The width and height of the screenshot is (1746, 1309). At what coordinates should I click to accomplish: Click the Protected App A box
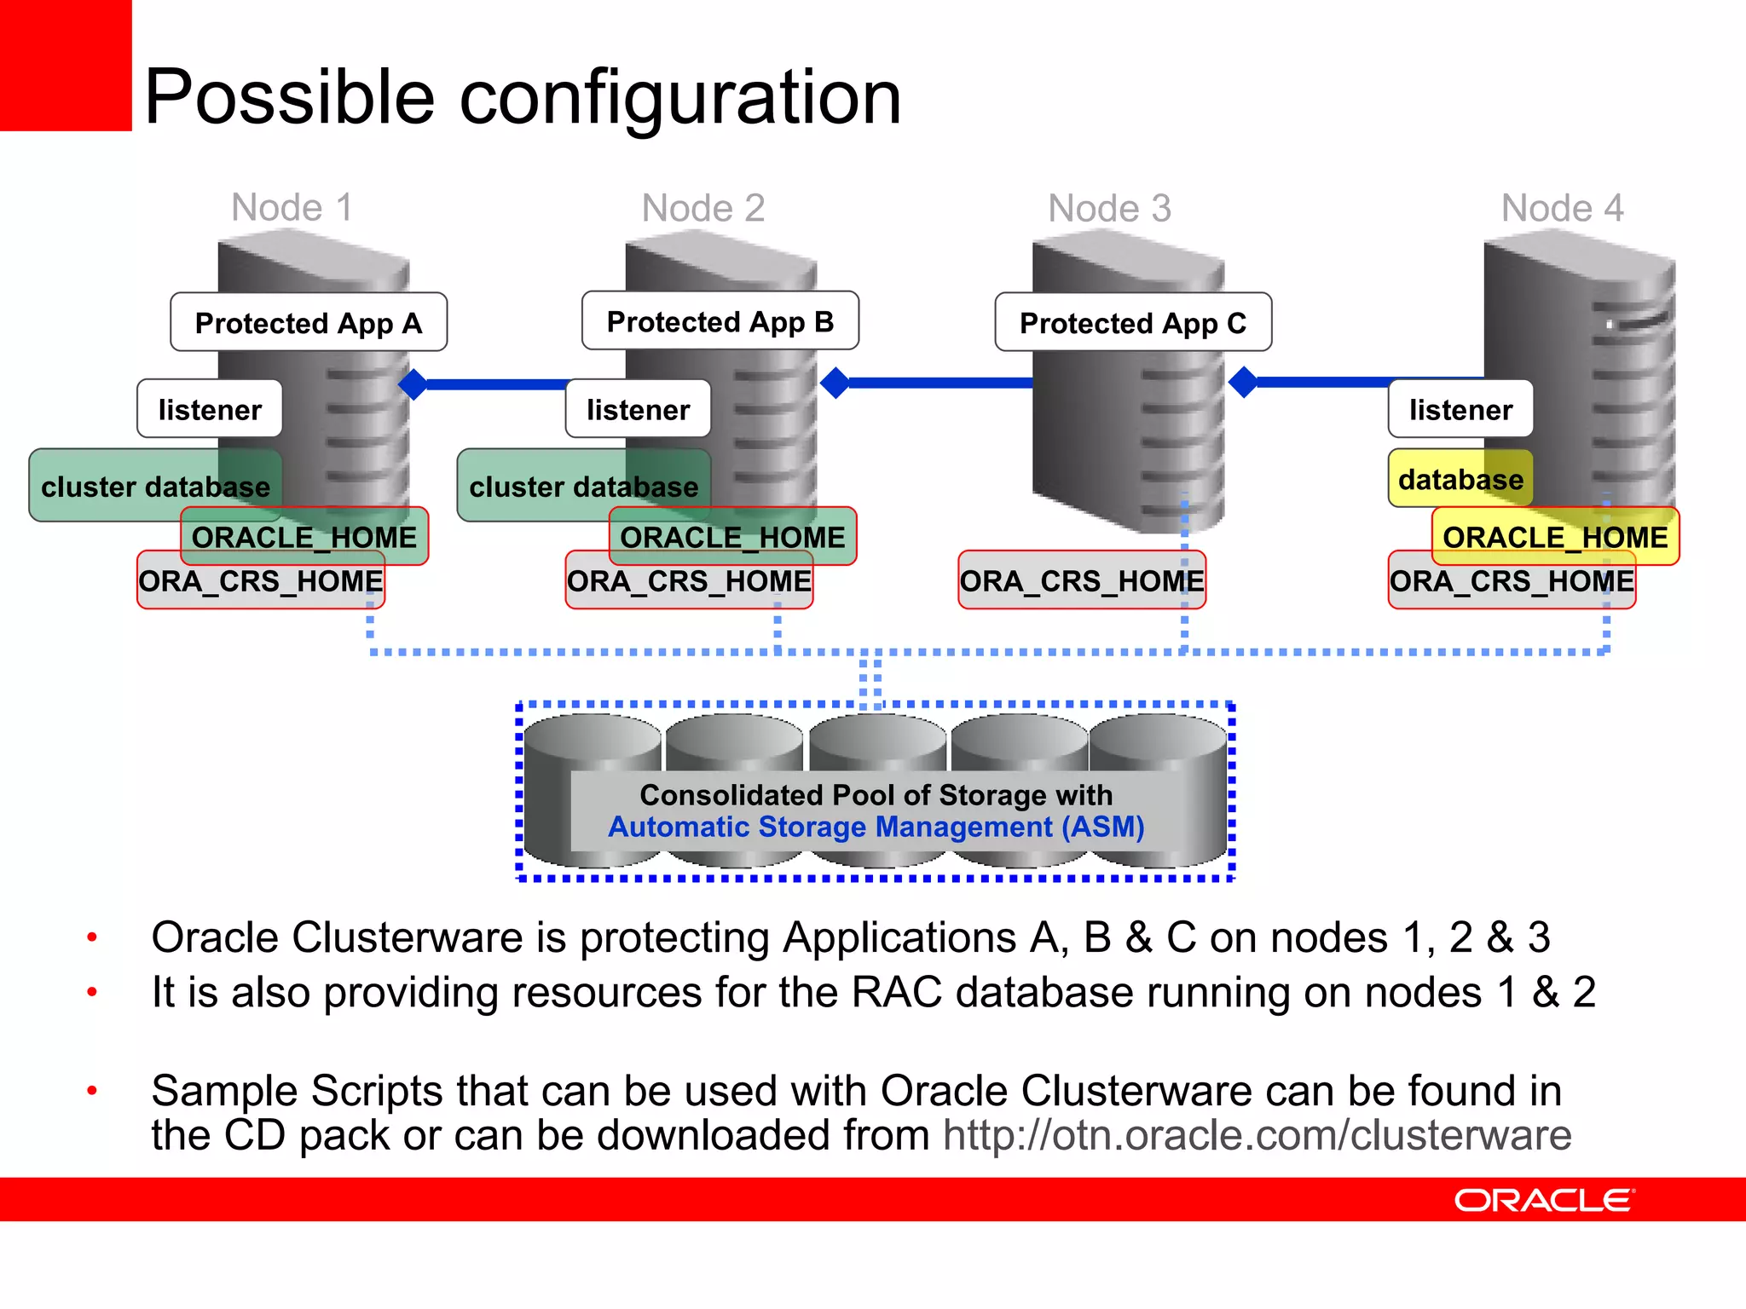pyautogui.click(x=308, y=322)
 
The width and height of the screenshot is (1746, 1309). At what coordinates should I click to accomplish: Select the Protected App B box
pyautogui.click(x=720, y=321)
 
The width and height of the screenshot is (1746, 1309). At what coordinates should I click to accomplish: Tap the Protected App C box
pyautogui.click(x=1132, y=322)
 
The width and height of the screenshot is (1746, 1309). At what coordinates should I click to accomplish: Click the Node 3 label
pyautogui.click(x=1109, y=208)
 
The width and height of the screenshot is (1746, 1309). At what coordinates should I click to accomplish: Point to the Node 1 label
pyautogui.click(x=292, y=207)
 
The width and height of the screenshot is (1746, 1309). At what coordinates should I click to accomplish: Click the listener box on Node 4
pyautogui.click(x=1460, y=409)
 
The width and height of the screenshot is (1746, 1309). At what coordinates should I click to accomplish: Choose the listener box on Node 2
pyautogui.click(x=638, y=409)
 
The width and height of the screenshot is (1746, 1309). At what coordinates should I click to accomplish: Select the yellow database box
pyautogui.click(x=1460, y=479)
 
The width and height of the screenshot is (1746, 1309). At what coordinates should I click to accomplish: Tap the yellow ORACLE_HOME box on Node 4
pyautogui.click(x=1555, y=537)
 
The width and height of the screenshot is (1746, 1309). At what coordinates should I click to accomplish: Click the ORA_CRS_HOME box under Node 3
pyautogui.click(x=1081, y=580)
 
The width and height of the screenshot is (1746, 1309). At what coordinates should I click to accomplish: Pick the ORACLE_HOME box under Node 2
pyautogui.click(x=732, y=537)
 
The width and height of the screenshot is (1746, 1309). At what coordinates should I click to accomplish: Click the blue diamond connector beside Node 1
pyautogui.click(x=413, y=384)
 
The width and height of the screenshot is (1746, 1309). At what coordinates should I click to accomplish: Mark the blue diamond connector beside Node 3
pyautogui.click(x=1244, y=382)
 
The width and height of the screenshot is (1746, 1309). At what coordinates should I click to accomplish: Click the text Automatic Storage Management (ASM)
pyautogui.click(x=876, y=827)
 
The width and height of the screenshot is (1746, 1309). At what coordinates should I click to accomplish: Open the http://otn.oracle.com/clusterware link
pyautogui.click(x=1257, y=1135)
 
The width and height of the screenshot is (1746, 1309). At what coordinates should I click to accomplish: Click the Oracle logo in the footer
pyautogui.click(x=1544, y=1200)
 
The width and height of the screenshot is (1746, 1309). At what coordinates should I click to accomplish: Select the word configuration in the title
pyautogui.click(x=679, y=97)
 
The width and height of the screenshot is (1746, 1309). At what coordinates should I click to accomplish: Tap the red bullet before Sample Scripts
pyautogui.click(x=92, y=1090)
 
